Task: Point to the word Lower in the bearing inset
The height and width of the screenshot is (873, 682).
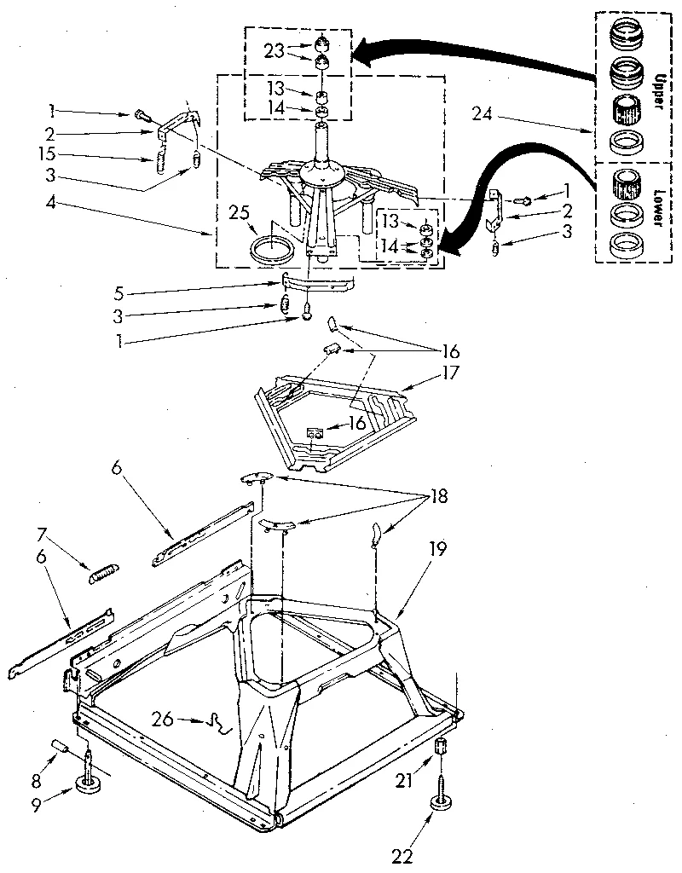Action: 656,205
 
